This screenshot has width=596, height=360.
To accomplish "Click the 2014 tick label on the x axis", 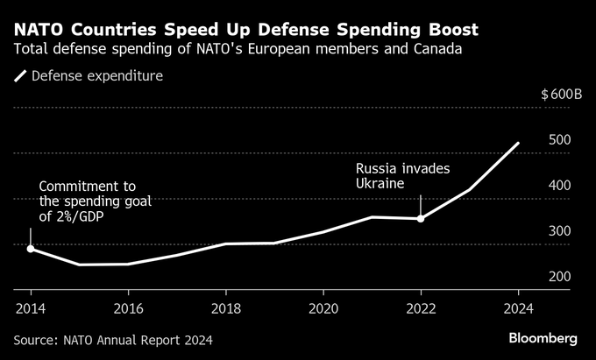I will tap(31, 308).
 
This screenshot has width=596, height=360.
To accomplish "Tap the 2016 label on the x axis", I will tap(128, 308).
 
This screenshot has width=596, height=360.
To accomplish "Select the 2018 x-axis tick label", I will tap(226, 308).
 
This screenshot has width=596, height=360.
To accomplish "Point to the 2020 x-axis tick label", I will tap(323, 308).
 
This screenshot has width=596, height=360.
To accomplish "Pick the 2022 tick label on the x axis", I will tap(421, 308).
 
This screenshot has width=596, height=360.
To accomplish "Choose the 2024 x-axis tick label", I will tap(518, 308).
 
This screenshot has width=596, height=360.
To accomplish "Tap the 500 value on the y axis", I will tap(559, 140).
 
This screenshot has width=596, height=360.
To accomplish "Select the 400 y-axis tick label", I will tap(559, 186).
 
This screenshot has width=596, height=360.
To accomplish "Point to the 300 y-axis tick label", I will tap(559, 231).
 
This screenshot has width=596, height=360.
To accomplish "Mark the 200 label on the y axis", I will tap(559, 277).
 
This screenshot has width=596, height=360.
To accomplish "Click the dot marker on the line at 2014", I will tap(31, 249).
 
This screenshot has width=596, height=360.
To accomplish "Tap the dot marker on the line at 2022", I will tap(421, 218).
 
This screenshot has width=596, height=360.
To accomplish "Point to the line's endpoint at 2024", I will tap(518, 143).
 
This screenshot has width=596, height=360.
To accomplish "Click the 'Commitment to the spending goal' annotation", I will tap(95, 201).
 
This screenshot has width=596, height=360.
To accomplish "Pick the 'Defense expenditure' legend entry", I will tap(88, 76).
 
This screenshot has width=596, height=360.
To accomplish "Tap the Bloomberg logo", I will tap(543, 338).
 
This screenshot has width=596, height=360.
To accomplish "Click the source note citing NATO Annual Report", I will tap(113, 339).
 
